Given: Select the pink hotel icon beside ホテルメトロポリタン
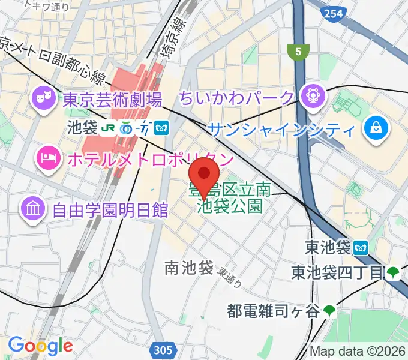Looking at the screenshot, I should (x=47, y=158).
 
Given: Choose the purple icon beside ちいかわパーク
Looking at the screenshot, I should (x=312, y=95).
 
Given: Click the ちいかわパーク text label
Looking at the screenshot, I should (x=238, y=97).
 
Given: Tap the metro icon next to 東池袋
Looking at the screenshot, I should (x=361, y=247).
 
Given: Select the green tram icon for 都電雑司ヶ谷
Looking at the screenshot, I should (x=329, y=311).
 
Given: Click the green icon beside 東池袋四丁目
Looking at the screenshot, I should (x=394, y=273).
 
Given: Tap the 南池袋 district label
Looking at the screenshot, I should (x=189, y=268).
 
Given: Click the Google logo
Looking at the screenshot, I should (x=40, y=346).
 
